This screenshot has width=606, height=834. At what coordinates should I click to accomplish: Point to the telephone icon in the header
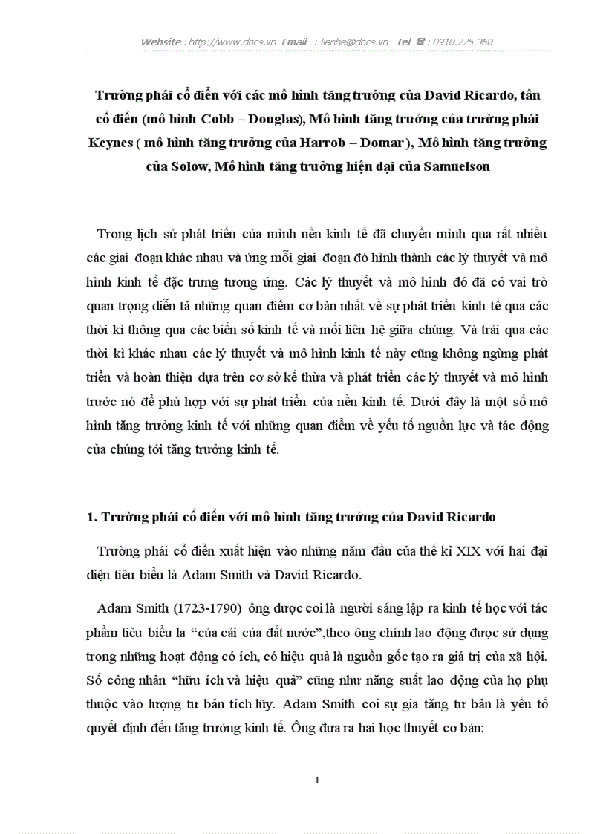pyautogui.click(x=420, y=42)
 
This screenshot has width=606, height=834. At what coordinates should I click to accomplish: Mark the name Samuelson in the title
pyautogui.click(x=456, y=166)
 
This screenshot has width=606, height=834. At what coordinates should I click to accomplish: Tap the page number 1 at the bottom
pyautogui.click(x=317, y=780)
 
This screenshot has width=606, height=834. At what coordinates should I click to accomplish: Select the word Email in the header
pyautogui.click(x=294, y=42)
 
